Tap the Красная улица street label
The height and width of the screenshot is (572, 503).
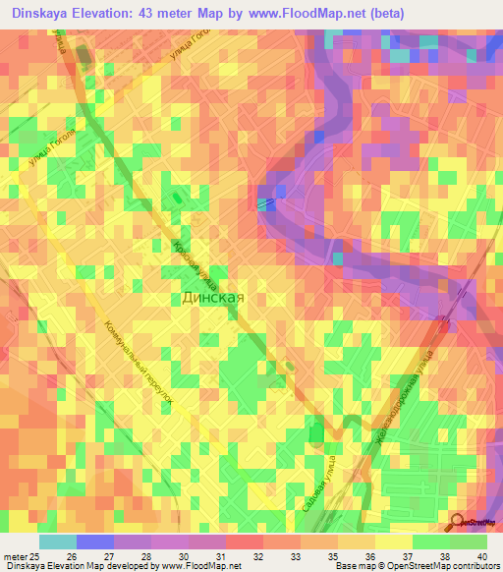pos(194,265)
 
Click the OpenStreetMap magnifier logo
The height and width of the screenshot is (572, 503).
pos(458,522)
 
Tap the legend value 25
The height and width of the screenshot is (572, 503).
pos(34,556)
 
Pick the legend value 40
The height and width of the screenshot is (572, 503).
pos(481,556)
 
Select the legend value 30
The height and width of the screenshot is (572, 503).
pos(183,556)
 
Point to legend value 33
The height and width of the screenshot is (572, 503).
pos(295,556)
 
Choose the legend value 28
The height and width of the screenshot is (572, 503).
pos(145,556)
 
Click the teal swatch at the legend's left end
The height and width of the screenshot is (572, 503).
pos(57,542)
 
